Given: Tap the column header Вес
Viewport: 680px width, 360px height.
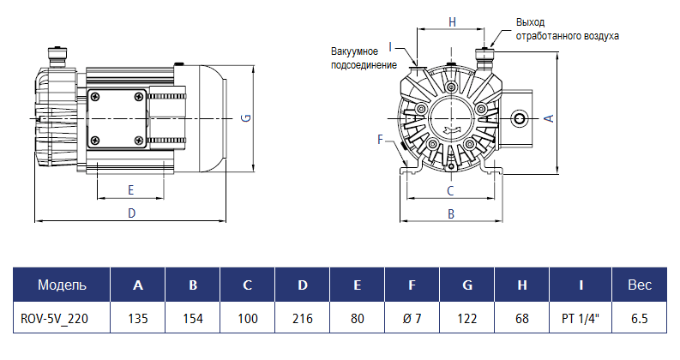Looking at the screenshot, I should pyautogui.click(x=640, y=285).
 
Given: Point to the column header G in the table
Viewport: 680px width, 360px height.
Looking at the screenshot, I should pyautogui.click(x=467, y=285).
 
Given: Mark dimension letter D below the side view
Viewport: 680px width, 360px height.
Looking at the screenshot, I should pyautogui.click(x=131, y=213).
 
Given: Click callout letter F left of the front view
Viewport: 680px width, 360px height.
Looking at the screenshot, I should pyautogui.click(x=380, y=139).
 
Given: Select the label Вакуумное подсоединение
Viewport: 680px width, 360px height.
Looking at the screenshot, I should pyautogui.click(x=364, y=58).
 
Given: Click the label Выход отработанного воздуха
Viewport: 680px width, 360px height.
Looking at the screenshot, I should pyautogui.click(x=566, y=28).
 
